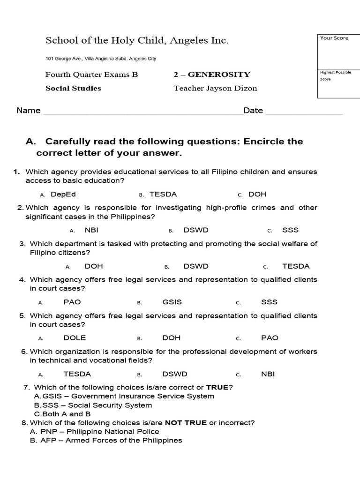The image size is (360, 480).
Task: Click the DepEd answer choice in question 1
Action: (x=63, y=194)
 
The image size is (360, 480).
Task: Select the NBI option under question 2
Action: (x=91, y=230)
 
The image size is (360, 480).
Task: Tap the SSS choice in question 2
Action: (x=290, y=230)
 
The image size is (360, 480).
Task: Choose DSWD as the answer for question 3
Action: (x=196, y=266)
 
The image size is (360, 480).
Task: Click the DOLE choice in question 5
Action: (x=75, y=338)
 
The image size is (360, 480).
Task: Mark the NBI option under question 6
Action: (x=268, y=374)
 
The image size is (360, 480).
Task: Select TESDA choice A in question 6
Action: (x=77, y=374)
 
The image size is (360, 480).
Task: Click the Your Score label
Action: (x=334, y=38)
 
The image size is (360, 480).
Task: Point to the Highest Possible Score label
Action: (x=335, y=75)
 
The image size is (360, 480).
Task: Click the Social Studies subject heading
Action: (x=73, y=88)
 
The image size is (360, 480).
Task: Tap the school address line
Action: (x=101, y=59)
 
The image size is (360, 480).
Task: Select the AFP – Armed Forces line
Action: (x=105, y=440)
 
